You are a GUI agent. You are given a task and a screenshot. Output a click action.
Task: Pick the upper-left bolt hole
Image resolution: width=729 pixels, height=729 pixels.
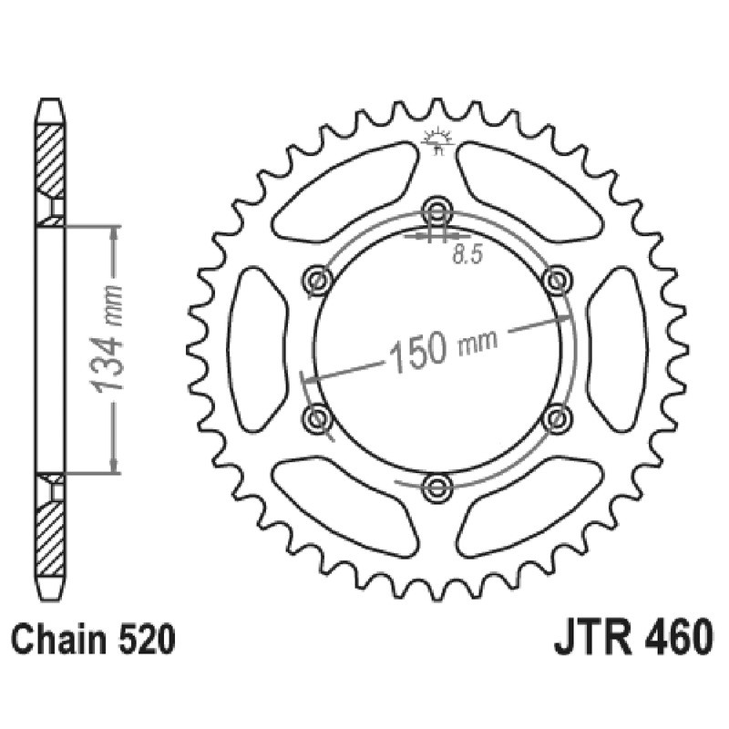tap(318, 278)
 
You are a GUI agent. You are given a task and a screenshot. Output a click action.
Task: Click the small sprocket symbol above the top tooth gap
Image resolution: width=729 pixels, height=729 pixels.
tap(437, 139)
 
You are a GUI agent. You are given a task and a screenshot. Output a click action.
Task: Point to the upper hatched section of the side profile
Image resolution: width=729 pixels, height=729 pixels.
tap(50, 159)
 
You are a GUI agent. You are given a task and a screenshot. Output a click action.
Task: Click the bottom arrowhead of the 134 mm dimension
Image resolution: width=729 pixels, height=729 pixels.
tap(113, 466)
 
